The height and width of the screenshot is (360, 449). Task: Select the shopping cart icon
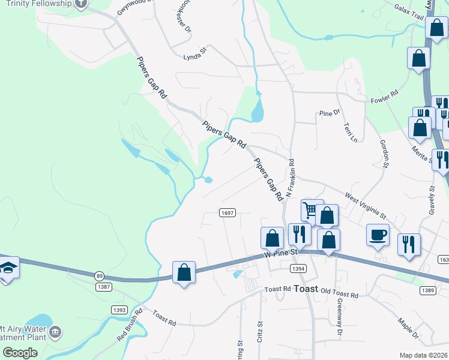coord(310,210)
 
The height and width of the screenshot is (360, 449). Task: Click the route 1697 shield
coord(227,213)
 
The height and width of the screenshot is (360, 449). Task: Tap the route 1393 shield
coord(119,309)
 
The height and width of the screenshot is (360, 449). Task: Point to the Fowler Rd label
coord(385,95)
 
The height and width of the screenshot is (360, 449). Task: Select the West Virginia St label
coord(366,205)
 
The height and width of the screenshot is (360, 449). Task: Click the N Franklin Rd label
coord(290,178)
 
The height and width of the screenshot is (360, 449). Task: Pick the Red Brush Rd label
coord(130,324)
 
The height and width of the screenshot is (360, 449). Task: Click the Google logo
coord(20,352)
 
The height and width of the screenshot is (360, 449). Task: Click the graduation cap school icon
coord(8,267)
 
